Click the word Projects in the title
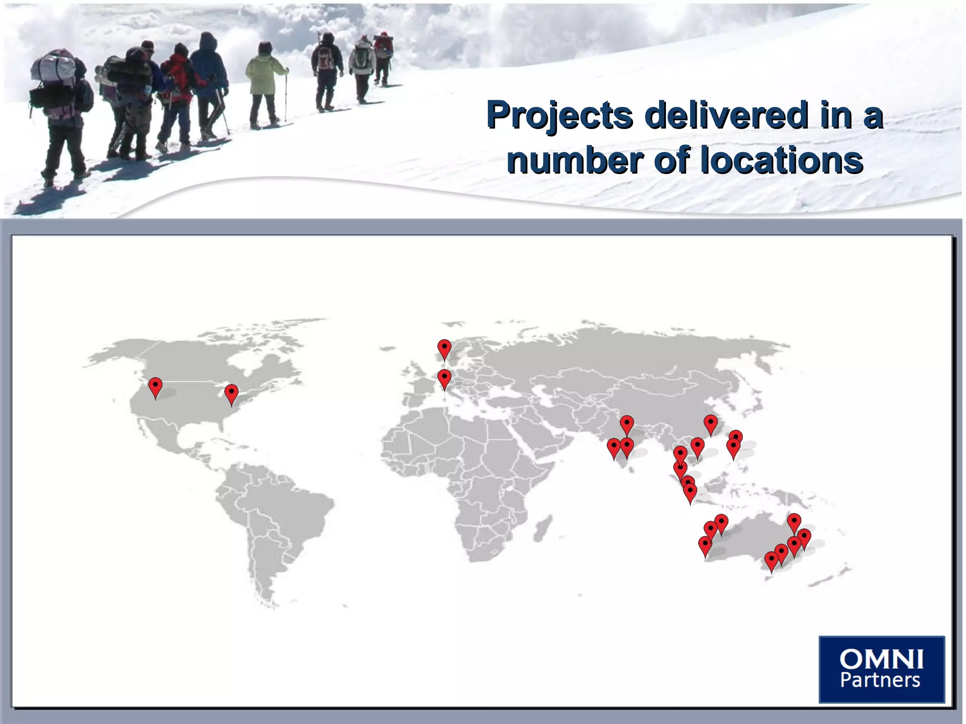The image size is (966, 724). point(559,115)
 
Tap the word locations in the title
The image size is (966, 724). point(782,160)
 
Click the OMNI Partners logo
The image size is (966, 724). point(881,668)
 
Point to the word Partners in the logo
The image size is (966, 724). point(880,680)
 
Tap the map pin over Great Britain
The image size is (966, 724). point(444,348)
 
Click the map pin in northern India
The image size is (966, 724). point(626,424)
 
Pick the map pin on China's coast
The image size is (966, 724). point(710,424)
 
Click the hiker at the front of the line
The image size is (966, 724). point(383,57)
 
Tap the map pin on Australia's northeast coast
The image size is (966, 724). point(794,522)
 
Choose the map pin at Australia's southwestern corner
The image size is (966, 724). point(705,546)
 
